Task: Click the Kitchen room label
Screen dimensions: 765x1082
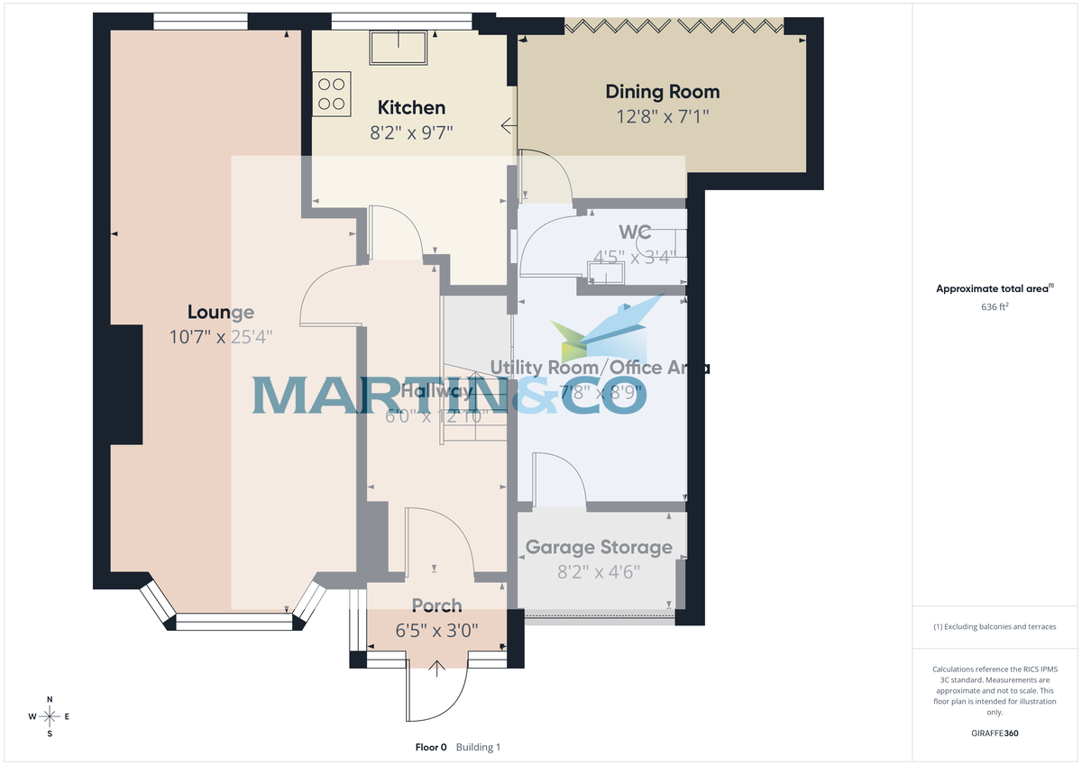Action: click(411, 108)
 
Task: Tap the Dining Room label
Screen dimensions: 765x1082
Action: click(662, 91)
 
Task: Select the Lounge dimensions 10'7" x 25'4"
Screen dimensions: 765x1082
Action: click(221, 337)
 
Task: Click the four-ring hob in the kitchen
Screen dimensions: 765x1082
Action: click(331, 93)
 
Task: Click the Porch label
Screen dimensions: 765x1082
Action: click(436, 606)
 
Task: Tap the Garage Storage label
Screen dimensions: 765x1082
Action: click(599, 547)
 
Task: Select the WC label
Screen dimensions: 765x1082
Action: click(635, 232)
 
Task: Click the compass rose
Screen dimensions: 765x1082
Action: click(50, 716)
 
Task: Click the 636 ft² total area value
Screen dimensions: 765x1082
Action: click(995, 306)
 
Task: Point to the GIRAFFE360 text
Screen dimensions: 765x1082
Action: click(995, 733)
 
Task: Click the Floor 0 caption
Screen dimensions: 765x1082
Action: click(430, 747)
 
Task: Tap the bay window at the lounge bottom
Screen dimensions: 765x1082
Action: click(234, 621)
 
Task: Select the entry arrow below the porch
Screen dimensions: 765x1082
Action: click(437, 668)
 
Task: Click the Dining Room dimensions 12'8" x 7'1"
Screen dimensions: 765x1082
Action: click(662, 116)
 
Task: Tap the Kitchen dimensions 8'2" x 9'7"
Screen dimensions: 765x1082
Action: click(411, 132)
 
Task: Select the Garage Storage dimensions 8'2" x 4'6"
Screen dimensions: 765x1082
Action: click(599, 570)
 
